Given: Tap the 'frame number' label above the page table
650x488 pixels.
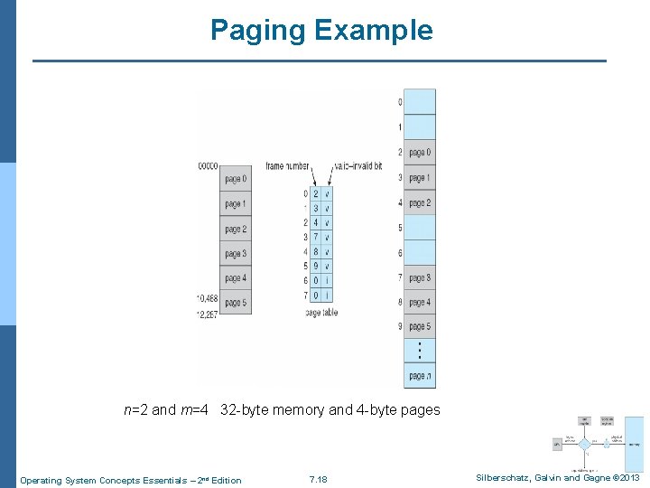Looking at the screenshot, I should click(x=288, y=167).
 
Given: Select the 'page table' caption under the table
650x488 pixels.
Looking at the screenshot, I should click(x=321, y=313).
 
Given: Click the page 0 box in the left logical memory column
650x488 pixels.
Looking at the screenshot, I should click(x=236, y=179).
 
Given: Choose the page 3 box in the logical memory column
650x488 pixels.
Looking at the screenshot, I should click(x=236, y=254).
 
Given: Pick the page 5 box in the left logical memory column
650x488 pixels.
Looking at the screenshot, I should click(x=236, y=303).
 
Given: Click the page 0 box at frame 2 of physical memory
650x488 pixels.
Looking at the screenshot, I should click(x=420, y=153).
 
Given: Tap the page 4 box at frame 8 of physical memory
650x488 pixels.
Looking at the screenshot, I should click(x=420, y=303).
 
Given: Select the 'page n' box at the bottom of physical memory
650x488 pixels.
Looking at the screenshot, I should click(x=420, y=376).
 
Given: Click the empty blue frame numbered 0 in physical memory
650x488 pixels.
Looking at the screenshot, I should click(x=420, y=101).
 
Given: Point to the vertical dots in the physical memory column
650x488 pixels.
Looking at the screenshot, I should click(x=420, y=351).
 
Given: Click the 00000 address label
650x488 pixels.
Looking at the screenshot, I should click(x=209, y=166).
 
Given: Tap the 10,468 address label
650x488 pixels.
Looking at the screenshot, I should click(x=207, y=297).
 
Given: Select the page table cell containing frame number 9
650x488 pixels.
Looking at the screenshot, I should click(x=316, y=267).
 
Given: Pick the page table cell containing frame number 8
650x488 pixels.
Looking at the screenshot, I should click(x=316, y=252).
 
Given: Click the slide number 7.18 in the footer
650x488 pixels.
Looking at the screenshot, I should click(x=318, y=479).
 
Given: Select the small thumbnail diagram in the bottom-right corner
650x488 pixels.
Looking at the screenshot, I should click(x=597, y=444).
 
